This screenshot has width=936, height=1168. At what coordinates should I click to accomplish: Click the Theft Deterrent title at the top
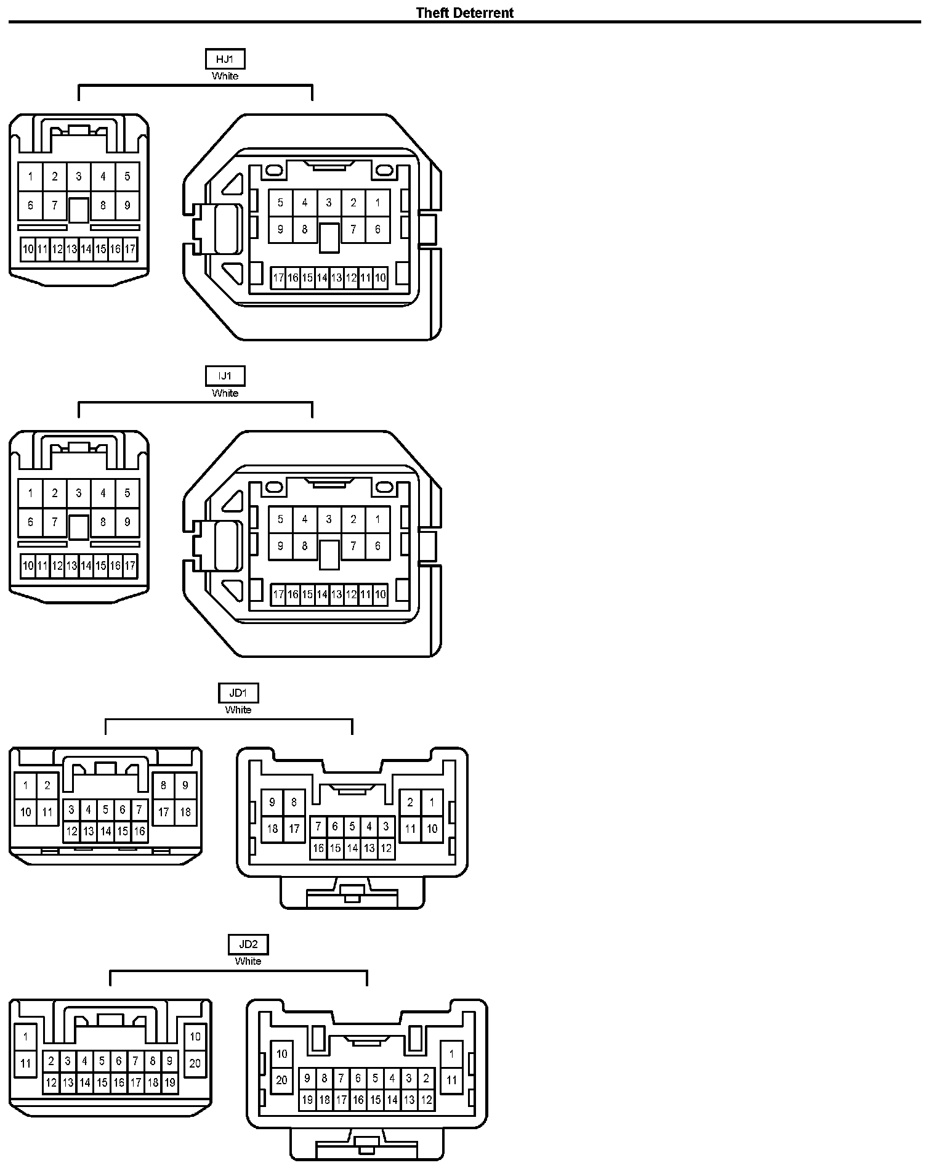pos(464,12)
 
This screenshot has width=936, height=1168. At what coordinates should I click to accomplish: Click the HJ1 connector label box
pos(225,59)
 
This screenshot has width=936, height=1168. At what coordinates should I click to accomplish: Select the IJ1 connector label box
pos(225,376)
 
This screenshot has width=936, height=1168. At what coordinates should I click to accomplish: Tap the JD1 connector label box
pos(238,693)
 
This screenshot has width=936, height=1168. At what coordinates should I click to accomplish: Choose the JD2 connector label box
pos(248,944)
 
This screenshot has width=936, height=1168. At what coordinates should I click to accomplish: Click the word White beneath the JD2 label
pos(248,961)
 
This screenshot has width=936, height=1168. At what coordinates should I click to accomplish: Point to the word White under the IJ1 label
pos(225,393)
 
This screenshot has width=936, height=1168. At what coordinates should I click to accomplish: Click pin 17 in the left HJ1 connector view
pos(130,249)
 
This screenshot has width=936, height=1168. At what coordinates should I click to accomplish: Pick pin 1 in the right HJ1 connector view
pos(377,202)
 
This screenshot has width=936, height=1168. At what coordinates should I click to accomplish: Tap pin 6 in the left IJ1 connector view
pos(30,522)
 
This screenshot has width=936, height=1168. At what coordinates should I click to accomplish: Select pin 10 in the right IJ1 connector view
pos(380,594)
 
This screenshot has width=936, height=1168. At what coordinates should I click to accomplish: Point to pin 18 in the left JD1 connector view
pos(185,812)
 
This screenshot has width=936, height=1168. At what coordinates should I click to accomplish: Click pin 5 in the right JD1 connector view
pos(352,826)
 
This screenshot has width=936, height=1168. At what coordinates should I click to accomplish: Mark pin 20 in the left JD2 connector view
pos(195,1063)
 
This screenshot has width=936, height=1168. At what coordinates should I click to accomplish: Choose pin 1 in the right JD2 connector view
pos(451,1054)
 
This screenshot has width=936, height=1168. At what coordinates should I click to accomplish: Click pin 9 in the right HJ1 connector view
pos(280,229)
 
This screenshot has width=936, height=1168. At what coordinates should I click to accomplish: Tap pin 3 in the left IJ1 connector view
pos(79,493)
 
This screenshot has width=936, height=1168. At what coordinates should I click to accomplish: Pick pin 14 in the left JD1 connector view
pos(105,832)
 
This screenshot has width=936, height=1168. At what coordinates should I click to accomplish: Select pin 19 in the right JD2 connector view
pos(307,1100)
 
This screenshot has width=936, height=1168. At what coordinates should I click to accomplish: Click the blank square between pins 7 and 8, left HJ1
pos(78,210)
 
